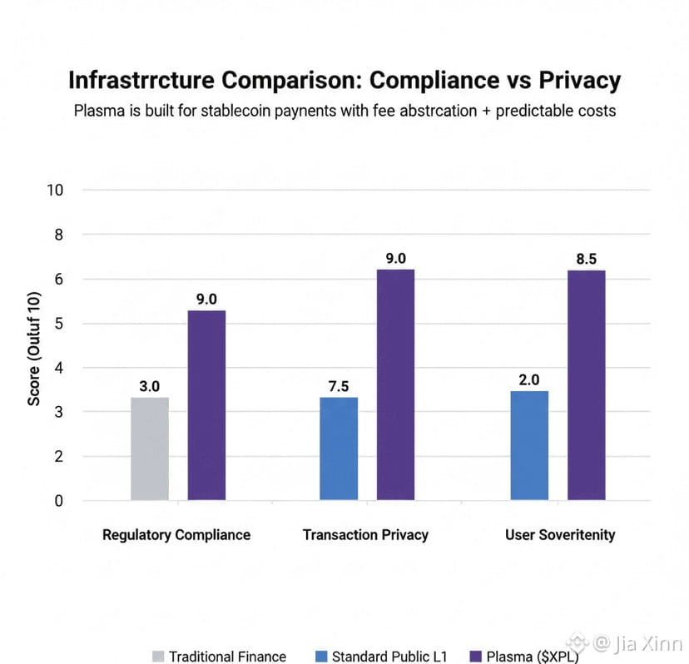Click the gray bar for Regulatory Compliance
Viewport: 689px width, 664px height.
(x=150, y=448)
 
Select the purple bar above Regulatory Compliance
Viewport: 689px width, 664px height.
(x=206, y=405)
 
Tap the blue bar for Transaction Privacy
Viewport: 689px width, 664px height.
(x=339, y=448)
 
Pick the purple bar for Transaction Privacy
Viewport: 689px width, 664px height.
(x=395, y=384)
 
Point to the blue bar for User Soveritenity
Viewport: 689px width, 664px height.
(x=529, y=445)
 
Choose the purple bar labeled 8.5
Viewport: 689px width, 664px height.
(x=586, y=385)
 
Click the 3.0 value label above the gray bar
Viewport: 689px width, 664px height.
(x=150, y=386)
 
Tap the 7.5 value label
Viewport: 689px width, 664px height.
(x=339, y=386)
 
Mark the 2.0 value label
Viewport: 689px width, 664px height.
(x=529, y=380)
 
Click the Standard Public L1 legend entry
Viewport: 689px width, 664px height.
(x=381, y=657)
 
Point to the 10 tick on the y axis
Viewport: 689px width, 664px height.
(x=56, y=190)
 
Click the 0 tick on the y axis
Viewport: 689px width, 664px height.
(x=59, y=501)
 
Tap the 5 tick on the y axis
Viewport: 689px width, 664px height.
(x=59, y=323)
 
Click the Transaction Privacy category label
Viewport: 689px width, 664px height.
(x=365, y=534)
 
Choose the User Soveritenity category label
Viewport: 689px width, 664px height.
(x=559, y=534)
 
